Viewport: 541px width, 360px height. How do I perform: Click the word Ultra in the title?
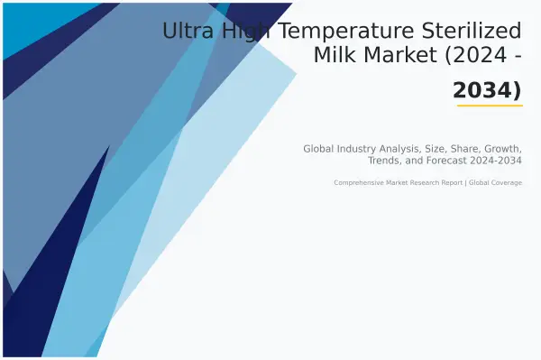click(x=183, y=32)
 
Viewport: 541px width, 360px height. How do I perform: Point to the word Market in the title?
click(x=398, y=56)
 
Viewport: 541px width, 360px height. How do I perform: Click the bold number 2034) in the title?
click(x=487, y=89)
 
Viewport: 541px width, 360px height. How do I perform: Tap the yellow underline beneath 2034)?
click(x=490, y=106)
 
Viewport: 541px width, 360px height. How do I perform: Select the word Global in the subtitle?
click(x=318, y=148)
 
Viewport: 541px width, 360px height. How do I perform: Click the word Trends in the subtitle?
click(x=387, y=161)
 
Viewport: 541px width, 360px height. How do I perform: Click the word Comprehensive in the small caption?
click(x=359, y=183)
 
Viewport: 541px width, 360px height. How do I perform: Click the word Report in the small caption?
click(x=453, y=183)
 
